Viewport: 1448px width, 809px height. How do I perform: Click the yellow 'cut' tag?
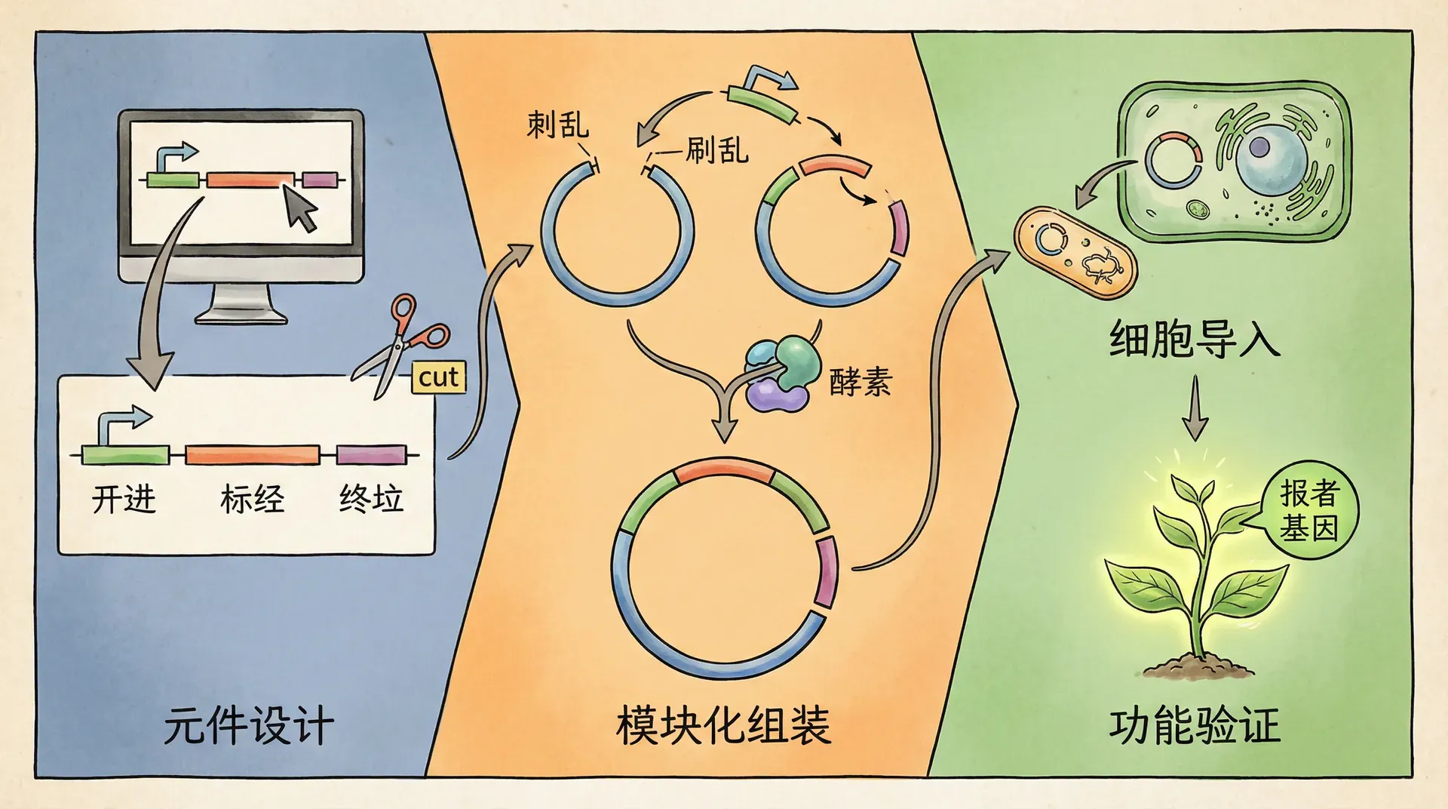pos(438,377)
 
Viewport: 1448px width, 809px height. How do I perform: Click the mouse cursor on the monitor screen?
pos(302,207)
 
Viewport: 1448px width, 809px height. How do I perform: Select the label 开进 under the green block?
pos(124,499)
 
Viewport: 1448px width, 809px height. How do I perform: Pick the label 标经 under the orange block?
pos(252,499)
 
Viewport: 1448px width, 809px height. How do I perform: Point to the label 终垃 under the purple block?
pos(371,499)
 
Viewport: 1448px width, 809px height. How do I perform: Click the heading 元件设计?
pos(248,726)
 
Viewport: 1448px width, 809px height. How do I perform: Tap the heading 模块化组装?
pos(723,726)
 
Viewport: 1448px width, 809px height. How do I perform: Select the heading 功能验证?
pos(1195,726)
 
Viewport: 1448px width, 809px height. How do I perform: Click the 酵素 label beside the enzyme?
pos(861,382)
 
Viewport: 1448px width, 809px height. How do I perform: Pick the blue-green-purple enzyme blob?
pos(781,374)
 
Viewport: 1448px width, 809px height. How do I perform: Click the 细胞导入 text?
pos(1195,340)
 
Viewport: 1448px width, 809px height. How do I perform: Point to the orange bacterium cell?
pos(1074,254)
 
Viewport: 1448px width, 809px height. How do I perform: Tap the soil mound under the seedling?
pos(1198,667)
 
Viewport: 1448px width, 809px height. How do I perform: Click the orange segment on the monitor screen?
pos(250,180)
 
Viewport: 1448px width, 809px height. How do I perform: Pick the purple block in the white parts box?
pos(371,454)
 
